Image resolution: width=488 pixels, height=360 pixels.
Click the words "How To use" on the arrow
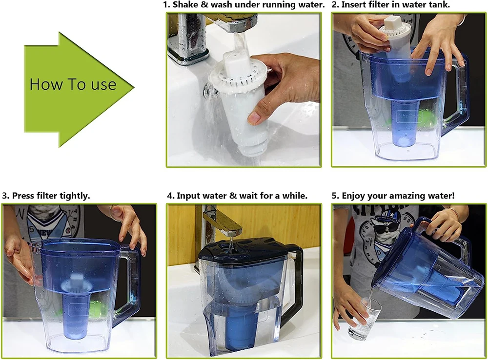pyautogui.click(x=73, y=84)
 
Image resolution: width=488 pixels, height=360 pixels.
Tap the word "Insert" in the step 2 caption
pyautogui.click(x=353, y=5)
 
